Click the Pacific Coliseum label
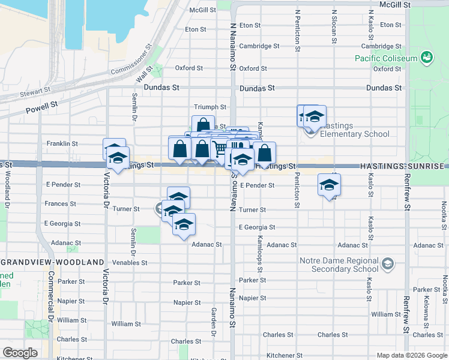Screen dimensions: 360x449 (x=385, y=58)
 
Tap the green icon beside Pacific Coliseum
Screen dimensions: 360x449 (x=427, y=58)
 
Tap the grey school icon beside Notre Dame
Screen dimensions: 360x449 (x=388, y=263)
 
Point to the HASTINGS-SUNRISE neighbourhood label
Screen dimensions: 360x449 (x=402, y=166)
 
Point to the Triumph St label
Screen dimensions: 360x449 (x=210, y=107)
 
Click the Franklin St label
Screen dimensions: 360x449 (x=62, y=144)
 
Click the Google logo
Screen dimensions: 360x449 (x=20, y=353)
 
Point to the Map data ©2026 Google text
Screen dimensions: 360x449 (x=411, y=355)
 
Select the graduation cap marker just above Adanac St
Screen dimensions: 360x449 (x=184, y=225)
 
